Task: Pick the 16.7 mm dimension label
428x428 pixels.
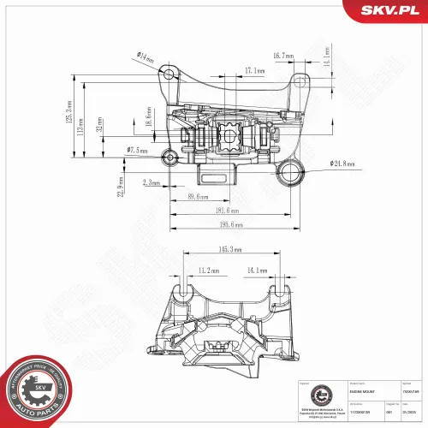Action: coord(283,56)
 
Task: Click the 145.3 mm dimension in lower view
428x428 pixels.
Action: coord(229,250)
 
